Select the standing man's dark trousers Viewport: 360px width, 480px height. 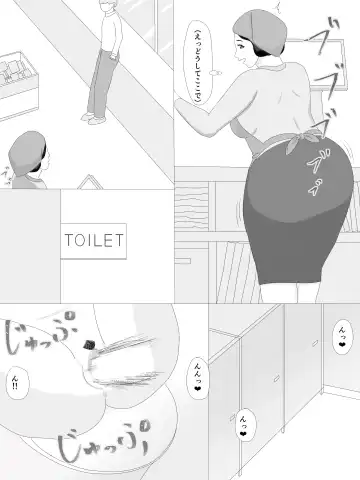(96, 80)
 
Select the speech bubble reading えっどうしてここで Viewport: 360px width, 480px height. (188, 69)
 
